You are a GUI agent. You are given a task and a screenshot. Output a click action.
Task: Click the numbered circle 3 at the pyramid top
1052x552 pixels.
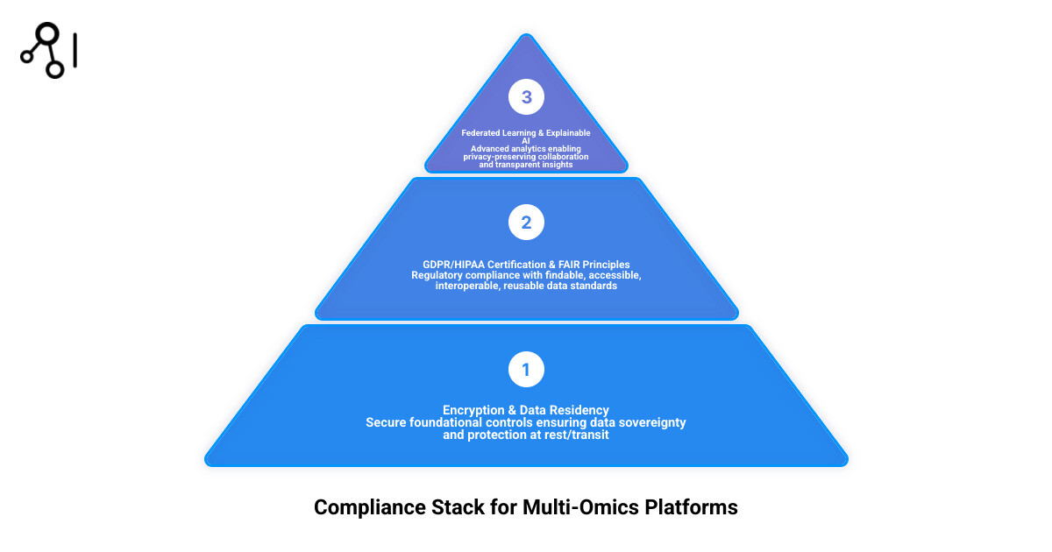[x=526, y=97]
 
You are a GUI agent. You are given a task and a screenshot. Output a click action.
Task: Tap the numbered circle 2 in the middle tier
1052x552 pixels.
[x=526, y=223]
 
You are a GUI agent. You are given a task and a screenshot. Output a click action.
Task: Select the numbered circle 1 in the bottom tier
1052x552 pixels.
[x=526, y=370]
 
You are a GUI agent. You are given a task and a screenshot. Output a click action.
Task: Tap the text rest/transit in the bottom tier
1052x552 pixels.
[x=572, y=435]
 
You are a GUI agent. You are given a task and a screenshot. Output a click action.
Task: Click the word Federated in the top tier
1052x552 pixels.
[x=484, y=133]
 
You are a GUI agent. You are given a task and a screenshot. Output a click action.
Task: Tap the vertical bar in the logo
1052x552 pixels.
[x=76, y=51]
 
